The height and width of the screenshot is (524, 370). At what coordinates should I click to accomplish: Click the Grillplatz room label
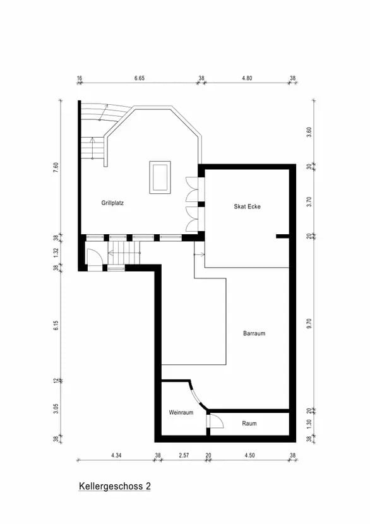pyautogui.click(x=112, y=203)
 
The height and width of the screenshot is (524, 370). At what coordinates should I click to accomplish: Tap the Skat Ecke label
pyautogui.click(x=247, y=206)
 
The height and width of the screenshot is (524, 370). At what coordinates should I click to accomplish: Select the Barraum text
pyautogui.click(x=254, y=333)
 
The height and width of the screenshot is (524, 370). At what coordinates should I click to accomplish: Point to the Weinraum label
pyautogui.click(x=181, y=412)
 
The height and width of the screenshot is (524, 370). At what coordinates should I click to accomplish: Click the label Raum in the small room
pyautogui.click(x=249, y=424)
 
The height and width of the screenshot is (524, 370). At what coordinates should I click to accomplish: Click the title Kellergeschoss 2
pyautogui.click(x=115, y=486)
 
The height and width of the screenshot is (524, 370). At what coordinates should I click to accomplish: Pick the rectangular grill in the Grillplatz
pyautogui.click(x=160, y=177)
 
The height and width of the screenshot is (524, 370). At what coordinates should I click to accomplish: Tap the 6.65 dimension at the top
pyautogui.click(x=140, y=78)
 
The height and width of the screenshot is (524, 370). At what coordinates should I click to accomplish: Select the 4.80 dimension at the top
pyautogui.click(x=247, y=78)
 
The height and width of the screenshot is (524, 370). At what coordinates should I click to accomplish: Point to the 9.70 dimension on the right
pyautogui.click(x=309, y=323)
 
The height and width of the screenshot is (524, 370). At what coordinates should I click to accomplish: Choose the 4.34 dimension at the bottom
pyautogui.click(x=116, y=455)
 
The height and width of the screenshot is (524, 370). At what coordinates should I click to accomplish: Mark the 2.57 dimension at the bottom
pyautogui.click(x=184, y=455)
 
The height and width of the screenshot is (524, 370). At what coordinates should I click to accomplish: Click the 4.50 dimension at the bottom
pyautogui.click(x=249, y=455)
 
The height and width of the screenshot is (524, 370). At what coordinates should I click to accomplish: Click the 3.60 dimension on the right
pyautogui.click(x=309, y=133)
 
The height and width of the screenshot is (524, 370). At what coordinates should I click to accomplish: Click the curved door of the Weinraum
pyautogui.click(x=196, y=396)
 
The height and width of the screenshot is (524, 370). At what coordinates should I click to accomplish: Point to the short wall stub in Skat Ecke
pyautogui.click(x=282, y=236)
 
